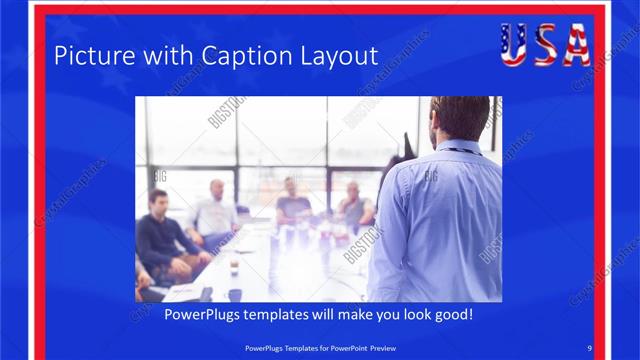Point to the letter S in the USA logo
[x=545, y=45]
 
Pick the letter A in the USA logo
[x=576, y=45]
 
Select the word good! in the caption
[x=451, y=314]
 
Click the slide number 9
[x=590, y=347]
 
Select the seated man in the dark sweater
[x=160, y=236]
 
